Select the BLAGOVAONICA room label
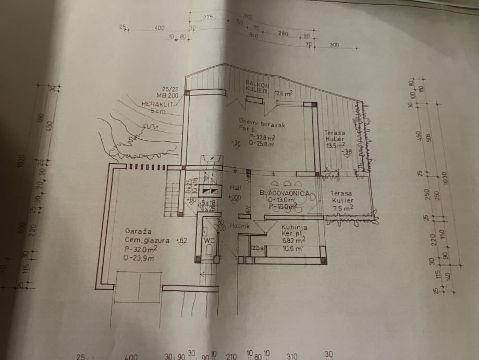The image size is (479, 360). point(285,194)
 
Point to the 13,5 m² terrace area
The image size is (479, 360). point(335,147)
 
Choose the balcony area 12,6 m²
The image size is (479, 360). point(284,93)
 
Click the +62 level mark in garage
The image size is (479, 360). point(182,241)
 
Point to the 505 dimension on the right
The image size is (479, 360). point(429,138)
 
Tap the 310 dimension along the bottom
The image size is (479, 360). point(292,357)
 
